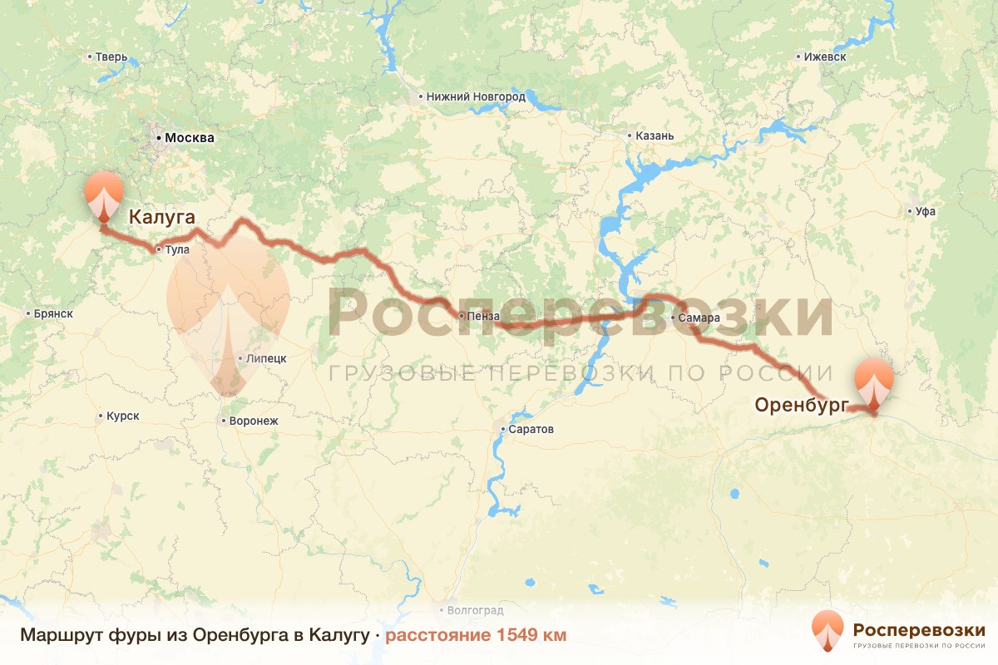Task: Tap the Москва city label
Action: pos(189,138)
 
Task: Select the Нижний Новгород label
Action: pos(476,96)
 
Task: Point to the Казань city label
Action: pos(655,135)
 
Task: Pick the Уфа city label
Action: pos(925,211)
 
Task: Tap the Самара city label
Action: pos(694,318)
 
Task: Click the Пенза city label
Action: pos(484,316)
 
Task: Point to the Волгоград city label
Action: pos(475,609)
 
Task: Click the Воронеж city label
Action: pos(254,421)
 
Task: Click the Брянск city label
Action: pos(54,313)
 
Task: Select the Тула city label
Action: pos(177,249)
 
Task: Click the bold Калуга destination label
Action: pos(161,218)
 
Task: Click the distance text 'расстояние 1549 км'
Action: pos(476,636)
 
